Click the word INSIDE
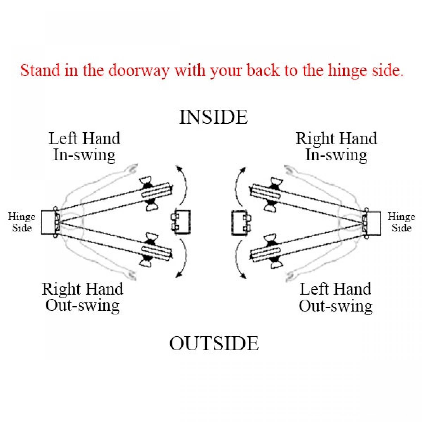[x=213, y=117]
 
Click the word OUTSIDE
[x=214, y=343]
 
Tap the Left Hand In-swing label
[x=84, y=146]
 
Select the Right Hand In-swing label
[x=336, y=146]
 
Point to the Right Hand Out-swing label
[x=82, y=297]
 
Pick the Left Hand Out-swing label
[x=335, y=297]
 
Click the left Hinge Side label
[x=22, y=222]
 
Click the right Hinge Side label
[x=401, y=222]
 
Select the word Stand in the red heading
[x=40, y=70]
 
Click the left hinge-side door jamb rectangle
[x=48, y=222]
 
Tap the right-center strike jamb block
[x=239, y=223]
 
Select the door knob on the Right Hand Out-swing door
[x=149, y=250]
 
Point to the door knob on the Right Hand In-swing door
[x=272, y=195]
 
